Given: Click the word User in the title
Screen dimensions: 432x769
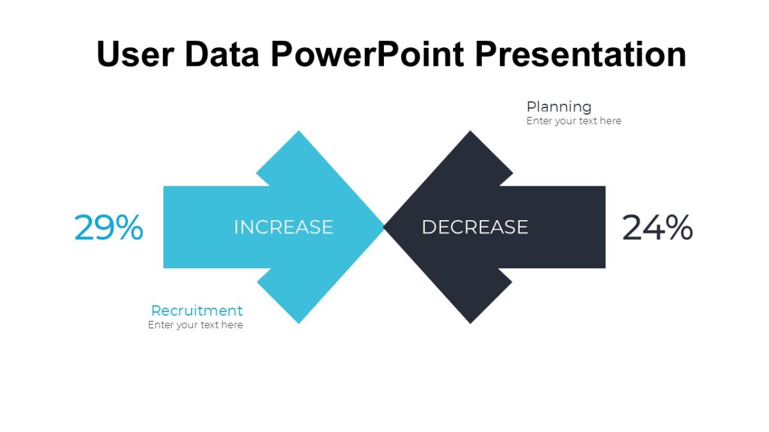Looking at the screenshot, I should [x=135, y=54].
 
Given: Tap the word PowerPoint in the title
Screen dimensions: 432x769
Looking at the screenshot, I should [x=367, y=54].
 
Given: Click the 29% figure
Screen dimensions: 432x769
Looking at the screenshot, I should [x=108, y=228].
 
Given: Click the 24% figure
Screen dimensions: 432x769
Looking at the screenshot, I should [x=657, y=228].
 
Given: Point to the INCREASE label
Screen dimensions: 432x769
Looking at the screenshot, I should [x=283, y=227].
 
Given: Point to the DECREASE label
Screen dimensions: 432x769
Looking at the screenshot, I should [x=474, y=227].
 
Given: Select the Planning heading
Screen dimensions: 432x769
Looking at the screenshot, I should [x=559, y=107].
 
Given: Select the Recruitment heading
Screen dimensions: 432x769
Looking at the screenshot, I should [x=197, y=310].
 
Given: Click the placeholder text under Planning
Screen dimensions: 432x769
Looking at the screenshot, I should [x=574, y=121].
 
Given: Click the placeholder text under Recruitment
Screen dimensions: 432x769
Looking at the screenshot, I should [x=195, y=325].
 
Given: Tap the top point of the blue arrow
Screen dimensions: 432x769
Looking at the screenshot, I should [x=298, y=133].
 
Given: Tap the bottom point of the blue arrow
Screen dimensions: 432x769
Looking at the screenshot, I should [x=299, y=321].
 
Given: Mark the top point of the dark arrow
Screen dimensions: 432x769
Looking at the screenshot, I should [x=471, y=133].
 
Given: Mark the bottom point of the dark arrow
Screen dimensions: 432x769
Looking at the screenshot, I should [x=471, y=321].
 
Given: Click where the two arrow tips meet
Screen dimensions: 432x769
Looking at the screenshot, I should [x=384, y=227].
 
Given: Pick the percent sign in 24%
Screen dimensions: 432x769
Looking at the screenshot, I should [x=678, y=228].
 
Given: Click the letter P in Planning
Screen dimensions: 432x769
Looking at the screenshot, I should [x=531, y=107].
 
